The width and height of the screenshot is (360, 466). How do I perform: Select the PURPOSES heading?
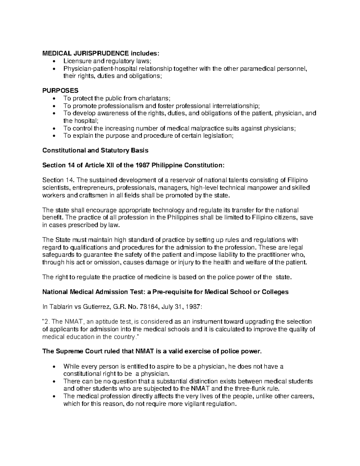point(60,91)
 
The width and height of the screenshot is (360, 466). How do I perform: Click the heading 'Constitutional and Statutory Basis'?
point(95,150)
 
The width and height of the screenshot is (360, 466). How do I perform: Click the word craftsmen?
point(86,195)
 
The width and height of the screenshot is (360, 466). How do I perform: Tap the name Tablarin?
point(59,306)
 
